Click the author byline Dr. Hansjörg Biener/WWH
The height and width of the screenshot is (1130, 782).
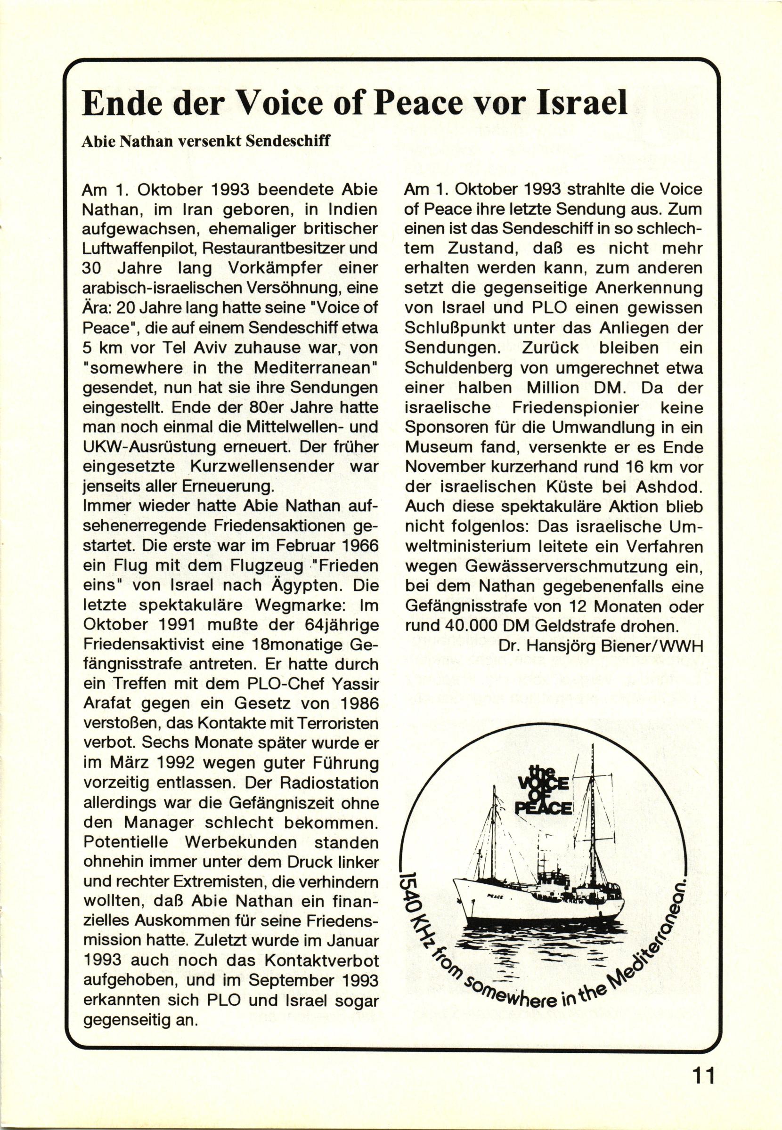point(600,646)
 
